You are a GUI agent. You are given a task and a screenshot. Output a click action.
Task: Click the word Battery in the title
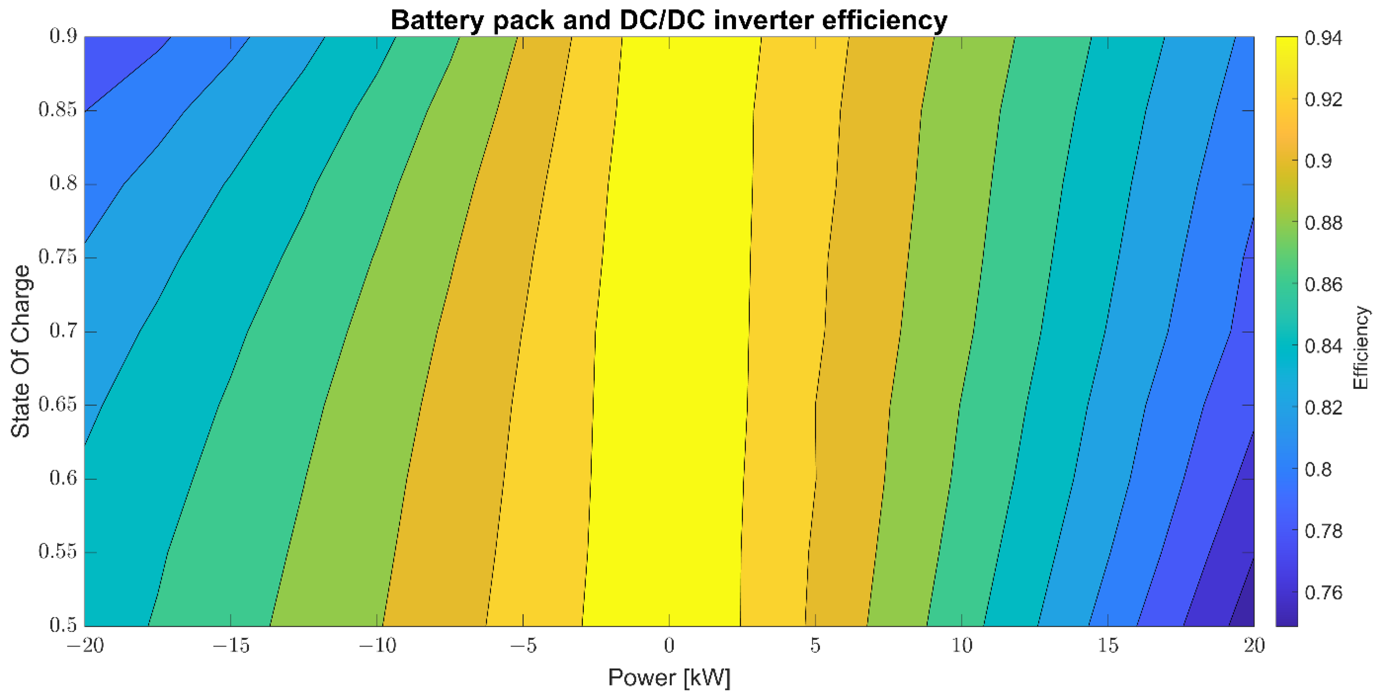click(x=437, y=20)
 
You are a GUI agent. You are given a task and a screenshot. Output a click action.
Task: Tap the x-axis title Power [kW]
click(x=669, y=678)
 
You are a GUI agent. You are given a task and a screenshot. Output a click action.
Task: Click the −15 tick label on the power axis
click(x=231, y=646)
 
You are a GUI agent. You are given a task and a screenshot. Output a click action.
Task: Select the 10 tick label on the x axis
click(x=961, y=646)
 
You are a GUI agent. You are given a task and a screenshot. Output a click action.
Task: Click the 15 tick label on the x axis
click(x=1108, y=646)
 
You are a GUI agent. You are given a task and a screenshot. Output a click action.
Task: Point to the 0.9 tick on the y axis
click(x=63, y=36)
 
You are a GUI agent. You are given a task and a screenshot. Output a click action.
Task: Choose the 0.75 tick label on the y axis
click(x=58, y=257)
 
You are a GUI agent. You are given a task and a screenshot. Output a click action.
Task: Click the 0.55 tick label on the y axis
click(x=58, y=551)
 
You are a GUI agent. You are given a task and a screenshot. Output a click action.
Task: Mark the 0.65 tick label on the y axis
click(x=58, y=405)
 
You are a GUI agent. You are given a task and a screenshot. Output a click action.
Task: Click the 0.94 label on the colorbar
click(x=1323, y=38)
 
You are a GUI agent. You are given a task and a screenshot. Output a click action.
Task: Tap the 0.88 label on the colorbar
click(x=1323, y=223)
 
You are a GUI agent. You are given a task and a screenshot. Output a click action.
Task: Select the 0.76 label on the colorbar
click(x=1323, y=593)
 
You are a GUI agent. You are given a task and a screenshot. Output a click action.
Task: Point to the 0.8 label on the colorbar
click(x=1318, y=469)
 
